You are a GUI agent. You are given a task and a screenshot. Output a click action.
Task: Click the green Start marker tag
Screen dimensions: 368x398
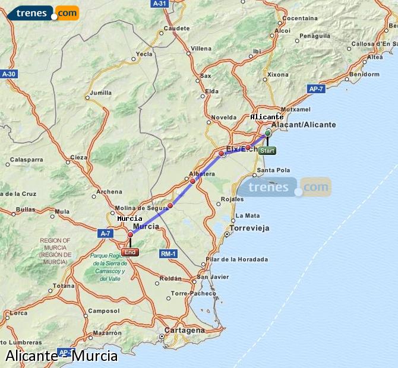coord(267,151)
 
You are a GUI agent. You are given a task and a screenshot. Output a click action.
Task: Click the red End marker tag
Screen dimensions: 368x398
coord(130,252)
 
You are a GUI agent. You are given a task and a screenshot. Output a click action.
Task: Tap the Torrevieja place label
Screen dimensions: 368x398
coord(249,228)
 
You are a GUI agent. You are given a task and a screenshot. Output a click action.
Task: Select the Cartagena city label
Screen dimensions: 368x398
coord(184,330)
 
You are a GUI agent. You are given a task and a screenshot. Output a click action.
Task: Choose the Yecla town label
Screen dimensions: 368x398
coord(144,54)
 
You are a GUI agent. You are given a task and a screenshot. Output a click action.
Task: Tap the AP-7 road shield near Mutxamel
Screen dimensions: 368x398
coord(316,88)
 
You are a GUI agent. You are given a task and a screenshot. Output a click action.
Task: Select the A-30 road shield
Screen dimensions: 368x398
coord(9,74)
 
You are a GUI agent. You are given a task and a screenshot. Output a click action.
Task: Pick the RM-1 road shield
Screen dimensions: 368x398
coord(169,254)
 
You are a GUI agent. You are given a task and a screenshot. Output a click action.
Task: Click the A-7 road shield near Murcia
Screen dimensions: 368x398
coord(106,233)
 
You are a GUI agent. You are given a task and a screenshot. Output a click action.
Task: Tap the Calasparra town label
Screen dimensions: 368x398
coord(27,159)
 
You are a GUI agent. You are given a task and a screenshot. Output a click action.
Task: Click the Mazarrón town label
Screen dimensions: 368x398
coord(107,333)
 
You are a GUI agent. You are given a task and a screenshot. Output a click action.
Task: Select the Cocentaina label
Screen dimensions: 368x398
coord(300,18)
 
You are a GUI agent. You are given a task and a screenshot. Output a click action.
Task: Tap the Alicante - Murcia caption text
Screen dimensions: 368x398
coord(62,357)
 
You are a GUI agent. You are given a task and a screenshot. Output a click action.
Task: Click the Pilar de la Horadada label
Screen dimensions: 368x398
coord(236,259)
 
